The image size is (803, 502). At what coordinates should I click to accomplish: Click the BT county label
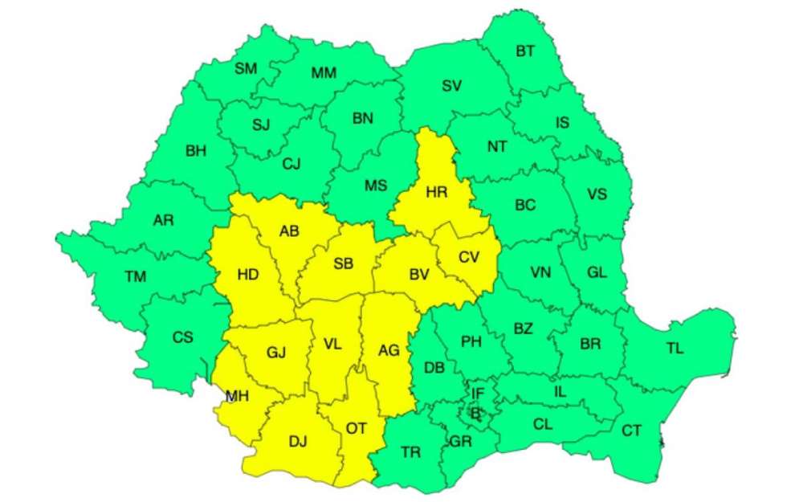(525, 52)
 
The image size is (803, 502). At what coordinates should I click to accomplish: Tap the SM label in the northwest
(246, 69)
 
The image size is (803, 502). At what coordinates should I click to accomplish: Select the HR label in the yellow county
(437, 192)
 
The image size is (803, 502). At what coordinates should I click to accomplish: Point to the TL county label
(675, 349)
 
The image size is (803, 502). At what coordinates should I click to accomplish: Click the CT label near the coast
(632, 431)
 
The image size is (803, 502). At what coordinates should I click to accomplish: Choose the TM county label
(136, 277)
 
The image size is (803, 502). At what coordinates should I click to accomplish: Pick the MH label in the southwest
(237, 396)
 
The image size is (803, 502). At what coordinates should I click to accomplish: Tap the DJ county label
(298, 441)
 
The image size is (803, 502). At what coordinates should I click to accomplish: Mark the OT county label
(357, 428)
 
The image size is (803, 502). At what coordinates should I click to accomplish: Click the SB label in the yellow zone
(343, 263)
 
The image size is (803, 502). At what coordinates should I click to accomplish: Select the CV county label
(468, 257)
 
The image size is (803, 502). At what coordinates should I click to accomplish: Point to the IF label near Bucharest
(478, 394)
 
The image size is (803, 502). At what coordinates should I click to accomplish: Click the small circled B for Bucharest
(475, 413)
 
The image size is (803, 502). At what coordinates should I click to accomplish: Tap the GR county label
(461, 441)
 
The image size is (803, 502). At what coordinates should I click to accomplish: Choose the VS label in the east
(597, 194)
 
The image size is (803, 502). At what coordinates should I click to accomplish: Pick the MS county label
(376, 186)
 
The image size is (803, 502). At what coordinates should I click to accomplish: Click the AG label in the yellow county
(389, 350)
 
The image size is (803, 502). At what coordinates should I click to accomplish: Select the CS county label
(182, 338)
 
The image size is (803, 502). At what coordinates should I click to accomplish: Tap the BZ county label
(523, 329)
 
